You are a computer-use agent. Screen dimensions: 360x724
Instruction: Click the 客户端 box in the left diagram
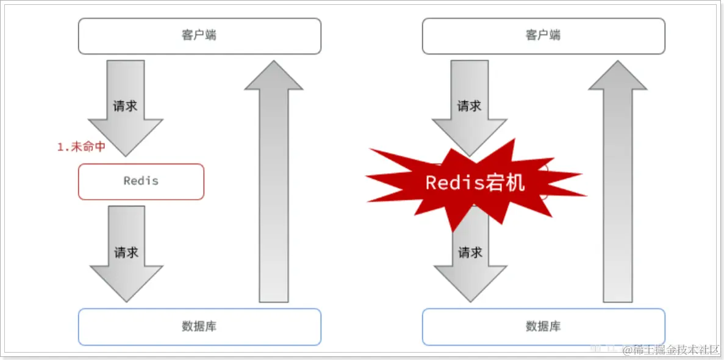(199, 35)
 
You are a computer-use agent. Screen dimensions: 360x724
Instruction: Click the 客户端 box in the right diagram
(543, 35)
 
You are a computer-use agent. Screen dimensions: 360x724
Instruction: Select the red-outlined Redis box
(141, 181)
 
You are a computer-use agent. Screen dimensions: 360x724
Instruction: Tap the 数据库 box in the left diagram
(199, 326)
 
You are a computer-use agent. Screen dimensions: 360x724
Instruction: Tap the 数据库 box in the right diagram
(543, 326)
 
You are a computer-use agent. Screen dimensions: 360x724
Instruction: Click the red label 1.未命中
(81, 147)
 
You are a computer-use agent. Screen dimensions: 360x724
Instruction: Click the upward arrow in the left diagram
(274, 183)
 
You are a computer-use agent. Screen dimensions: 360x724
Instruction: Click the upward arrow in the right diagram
(618, 183)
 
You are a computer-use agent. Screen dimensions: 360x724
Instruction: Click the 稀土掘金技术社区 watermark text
(672, 350)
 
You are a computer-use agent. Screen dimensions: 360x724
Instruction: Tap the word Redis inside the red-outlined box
(141, 181)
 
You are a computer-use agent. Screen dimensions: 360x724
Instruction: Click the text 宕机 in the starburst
(506, 182)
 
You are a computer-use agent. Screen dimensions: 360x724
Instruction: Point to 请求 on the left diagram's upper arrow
(126, 106)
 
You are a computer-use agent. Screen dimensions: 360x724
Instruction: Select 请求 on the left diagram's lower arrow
(126, 253)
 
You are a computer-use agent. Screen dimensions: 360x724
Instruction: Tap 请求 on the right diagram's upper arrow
(470, 106)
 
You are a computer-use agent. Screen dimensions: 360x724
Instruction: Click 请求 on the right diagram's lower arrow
(470, 253)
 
